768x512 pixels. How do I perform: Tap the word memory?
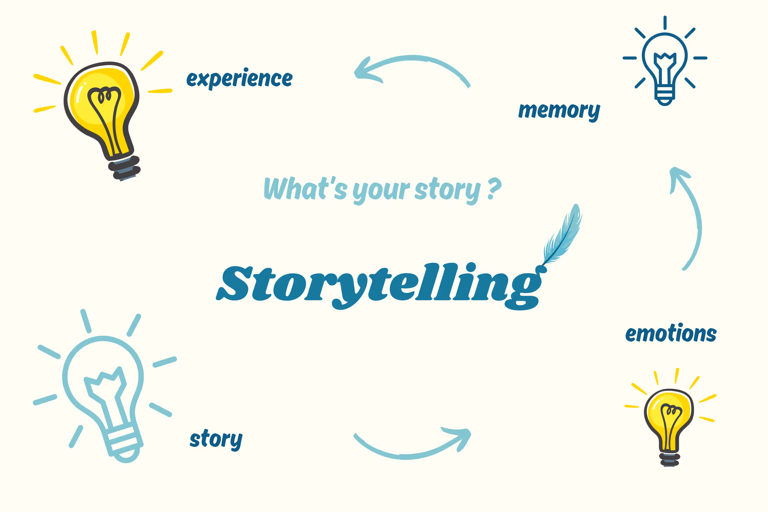click(559, 111)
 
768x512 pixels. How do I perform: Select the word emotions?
click(671, 334)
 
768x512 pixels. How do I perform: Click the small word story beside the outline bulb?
click(216, 439)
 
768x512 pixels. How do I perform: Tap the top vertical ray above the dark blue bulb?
click(665, 22)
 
